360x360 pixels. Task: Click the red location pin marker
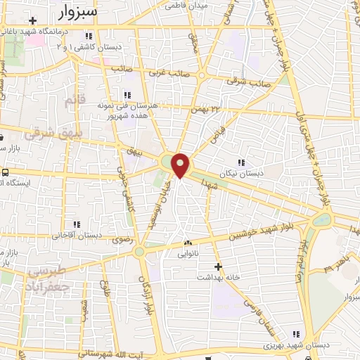181,165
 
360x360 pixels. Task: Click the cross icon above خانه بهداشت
218,266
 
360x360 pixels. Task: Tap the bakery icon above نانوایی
187,243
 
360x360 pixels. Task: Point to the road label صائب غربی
163,71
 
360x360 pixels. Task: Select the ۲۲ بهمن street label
207,109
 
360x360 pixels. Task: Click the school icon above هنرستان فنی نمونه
127,95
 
